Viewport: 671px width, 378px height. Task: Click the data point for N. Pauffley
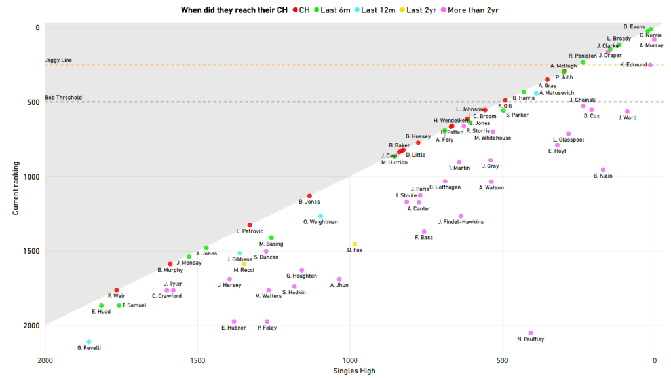point(531,333)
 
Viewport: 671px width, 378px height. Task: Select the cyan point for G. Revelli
point(89,342)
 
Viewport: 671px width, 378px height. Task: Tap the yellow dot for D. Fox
point(355,244)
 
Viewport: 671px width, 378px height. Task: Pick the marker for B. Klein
point(603,170)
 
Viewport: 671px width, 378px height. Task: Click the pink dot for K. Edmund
point(650,65)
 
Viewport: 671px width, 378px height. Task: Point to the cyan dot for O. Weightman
point(320,216)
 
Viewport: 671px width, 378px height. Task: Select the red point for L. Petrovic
point(250,225)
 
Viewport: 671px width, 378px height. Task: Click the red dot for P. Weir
point(117,290)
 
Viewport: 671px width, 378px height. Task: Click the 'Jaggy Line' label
point(58,60)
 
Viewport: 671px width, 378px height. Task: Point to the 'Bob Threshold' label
point(63,98)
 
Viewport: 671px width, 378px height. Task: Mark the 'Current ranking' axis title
point(16,189)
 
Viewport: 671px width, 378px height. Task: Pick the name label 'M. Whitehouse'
point(493,138)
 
